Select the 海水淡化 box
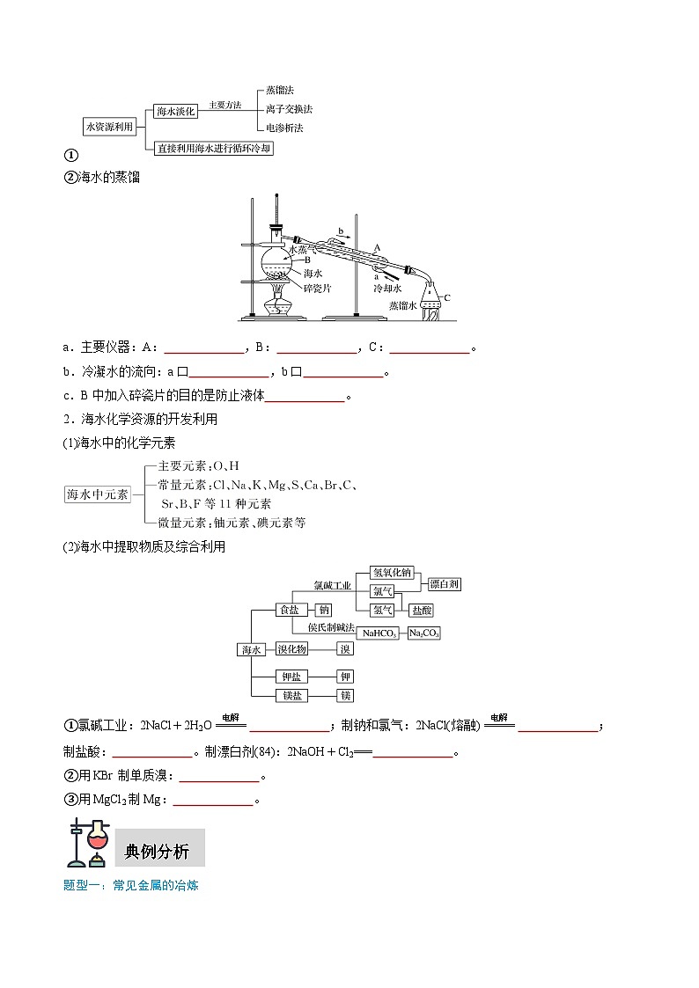coord(174,112)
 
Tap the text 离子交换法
coord(289,109)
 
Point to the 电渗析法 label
coord(284,128)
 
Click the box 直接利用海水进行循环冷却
coord(214,149)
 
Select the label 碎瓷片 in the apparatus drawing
coord(317,288)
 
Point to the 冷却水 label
coord(388,288)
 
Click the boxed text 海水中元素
coord(98,494)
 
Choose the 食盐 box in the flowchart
coord(289,610)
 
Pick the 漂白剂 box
coord(445,584)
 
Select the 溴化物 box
coord(291,649)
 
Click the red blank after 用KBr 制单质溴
coord(219,776)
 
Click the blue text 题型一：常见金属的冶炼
coord(131,886)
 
